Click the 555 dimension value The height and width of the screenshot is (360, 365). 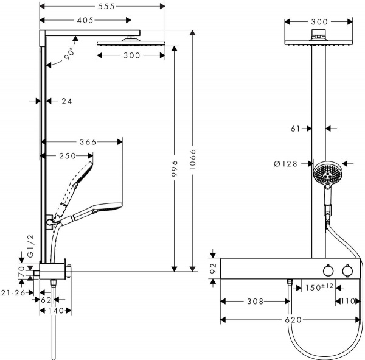click(x=106, y=6)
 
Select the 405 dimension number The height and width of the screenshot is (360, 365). click(x=85, y=20)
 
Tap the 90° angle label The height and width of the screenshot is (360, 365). click(x=70, y=53)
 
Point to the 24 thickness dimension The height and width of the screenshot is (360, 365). click(x=67, y=101)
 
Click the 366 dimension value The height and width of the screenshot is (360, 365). click(x=88, y=142)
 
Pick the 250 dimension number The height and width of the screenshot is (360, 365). click(x=68, y=155)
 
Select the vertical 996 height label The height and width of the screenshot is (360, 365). click(x=175, y=168)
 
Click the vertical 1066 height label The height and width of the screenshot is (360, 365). click(x=193, y=160)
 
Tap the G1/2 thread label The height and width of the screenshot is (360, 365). click(x=30, y=246)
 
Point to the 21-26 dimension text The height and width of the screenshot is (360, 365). click(x=13, y=292)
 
